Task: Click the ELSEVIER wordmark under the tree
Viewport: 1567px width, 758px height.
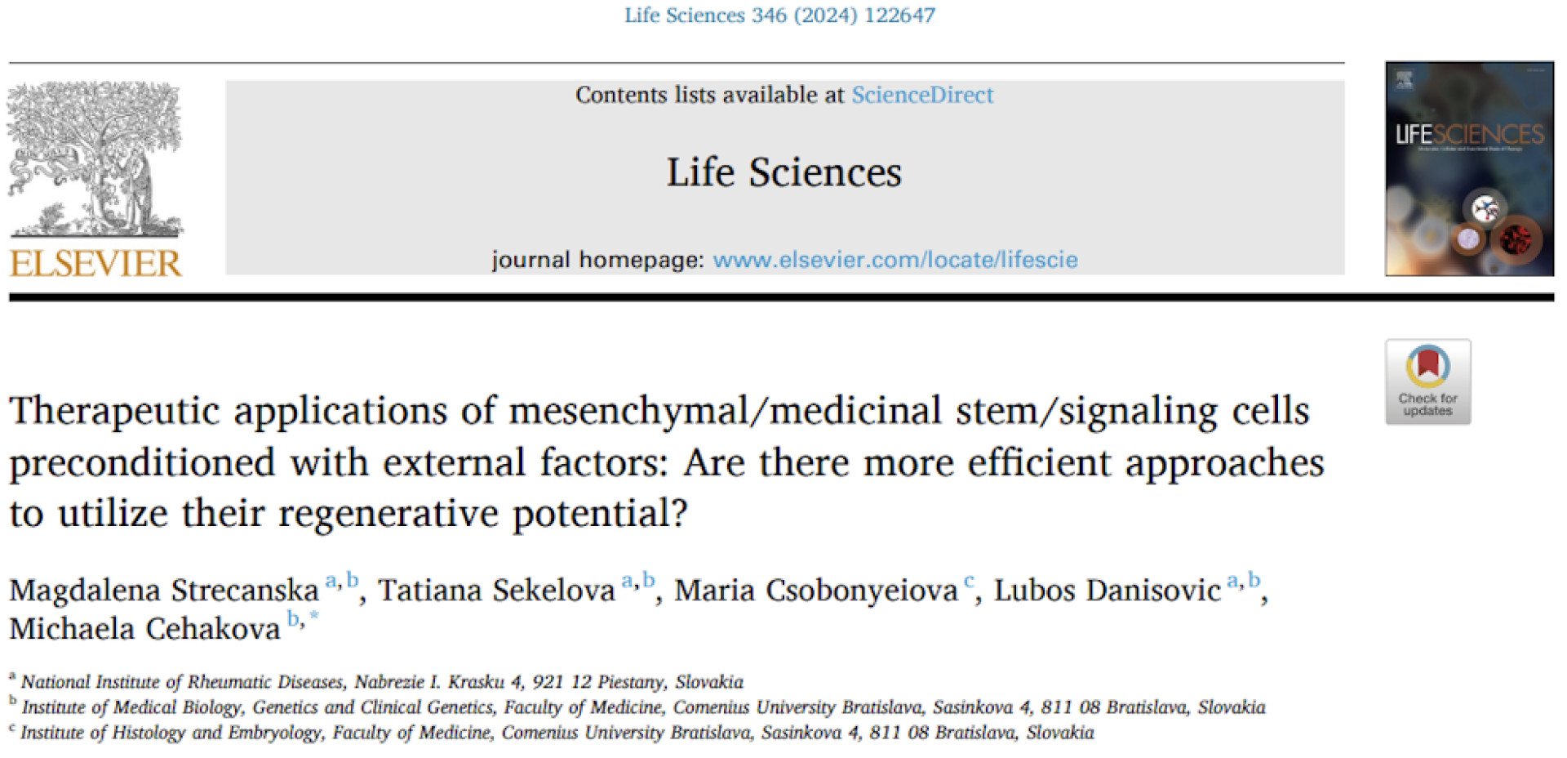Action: click(95, 264)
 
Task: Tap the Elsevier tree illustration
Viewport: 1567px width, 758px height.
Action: click(95, 159)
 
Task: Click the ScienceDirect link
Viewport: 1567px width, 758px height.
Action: click(922, 95)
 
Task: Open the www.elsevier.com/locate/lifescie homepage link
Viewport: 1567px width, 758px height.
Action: click(895, 260)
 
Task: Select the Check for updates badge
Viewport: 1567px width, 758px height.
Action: click(1428, 381)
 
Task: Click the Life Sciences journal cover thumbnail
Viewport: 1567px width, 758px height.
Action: click(1469, 169)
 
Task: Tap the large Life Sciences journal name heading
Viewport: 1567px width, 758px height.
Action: click(784, 172)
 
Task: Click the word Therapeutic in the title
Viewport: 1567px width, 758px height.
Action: click(114, 411)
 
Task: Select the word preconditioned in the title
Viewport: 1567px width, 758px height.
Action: click(142, 463)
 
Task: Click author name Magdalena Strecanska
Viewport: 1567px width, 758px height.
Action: click(164, 590)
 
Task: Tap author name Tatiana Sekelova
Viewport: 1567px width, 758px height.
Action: click(496, 590)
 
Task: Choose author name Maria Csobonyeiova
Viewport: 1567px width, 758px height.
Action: click(816, 590)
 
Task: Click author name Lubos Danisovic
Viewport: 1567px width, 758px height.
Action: click(1108, 590)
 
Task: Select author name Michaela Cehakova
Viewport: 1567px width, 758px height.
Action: click(145, 628)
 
